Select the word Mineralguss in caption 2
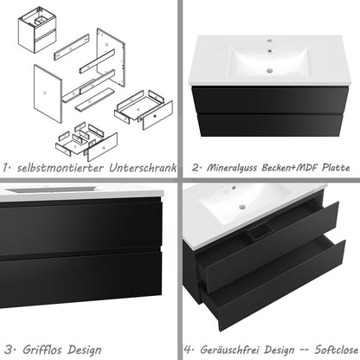coord(225,167)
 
